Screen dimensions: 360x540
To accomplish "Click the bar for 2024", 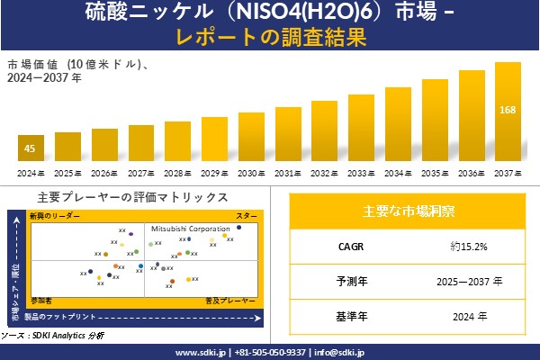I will tap(31, 148).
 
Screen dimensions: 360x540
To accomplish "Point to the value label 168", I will tap(508, 110).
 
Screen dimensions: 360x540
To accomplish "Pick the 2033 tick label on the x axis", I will tap(361, 172).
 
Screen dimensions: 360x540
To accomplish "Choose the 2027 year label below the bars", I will tap(141, 172).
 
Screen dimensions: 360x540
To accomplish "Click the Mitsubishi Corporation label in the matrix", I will tap(190, 229).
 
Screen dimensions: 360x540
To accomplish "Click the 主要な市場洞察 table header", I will tap(409, 211).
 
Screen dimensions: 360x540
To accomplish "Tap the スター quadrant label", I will tap(246, 217).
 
